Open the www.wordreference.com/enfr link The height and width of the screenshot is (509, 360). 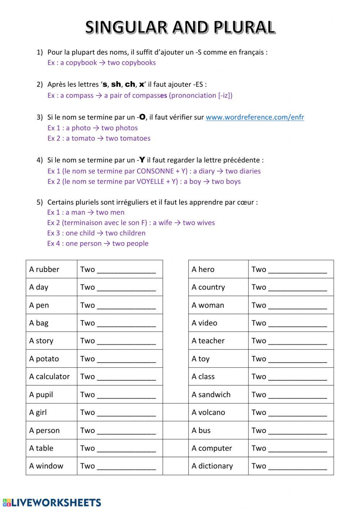255,117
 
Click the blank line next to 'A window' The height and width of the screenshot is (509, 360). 126,466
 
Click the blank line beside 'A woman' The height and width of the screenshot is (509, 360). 297,305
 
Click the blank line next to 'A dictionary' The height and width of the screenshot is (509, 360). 297,466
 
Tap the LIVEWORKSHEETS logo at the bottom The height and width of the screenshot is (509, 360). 52,503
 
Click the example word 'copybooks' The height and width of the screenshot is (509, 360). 139,63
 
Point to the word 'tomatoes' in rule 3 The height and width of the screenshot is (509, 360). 136,138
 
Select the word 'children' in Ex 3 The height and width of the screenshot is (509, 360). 132,233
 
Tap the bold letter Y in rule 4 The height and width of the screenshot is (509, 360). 142,160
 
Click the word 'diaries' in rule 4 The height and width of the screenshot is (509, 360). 250,171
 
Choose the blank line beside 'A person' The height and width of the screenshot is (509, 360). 126,431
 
